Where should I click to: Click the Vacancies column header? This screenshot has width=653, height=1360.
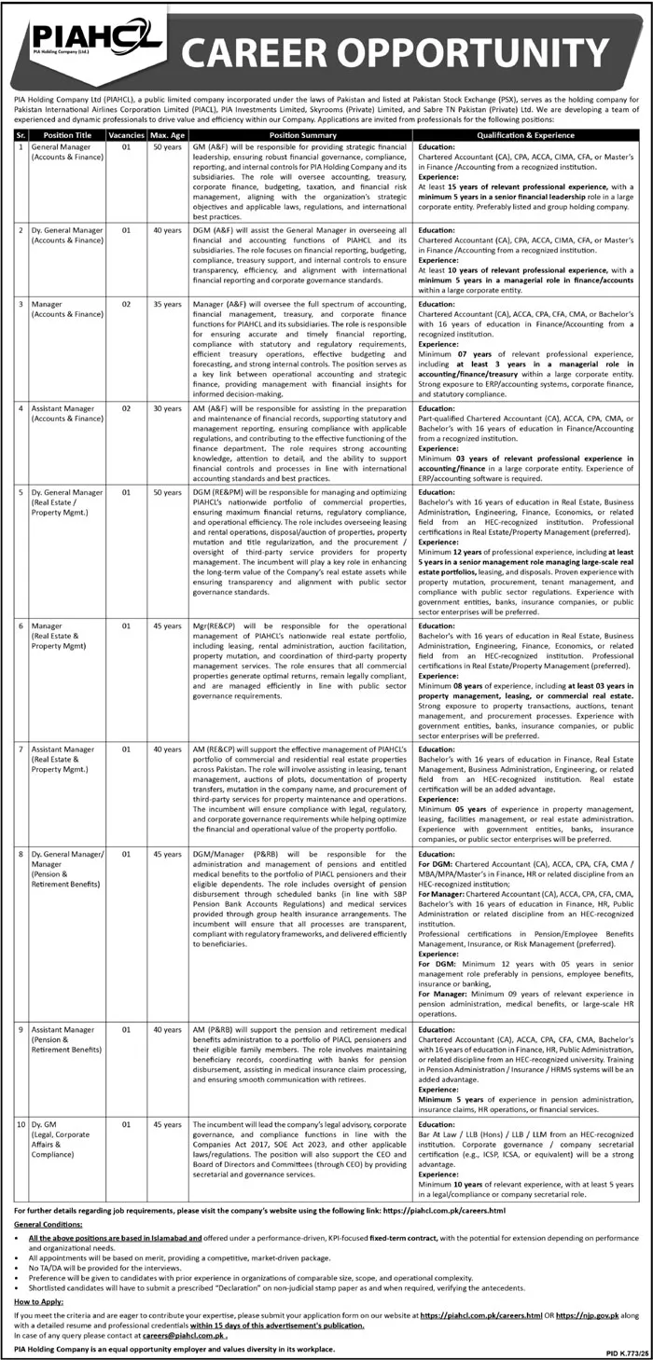tap(126, 134)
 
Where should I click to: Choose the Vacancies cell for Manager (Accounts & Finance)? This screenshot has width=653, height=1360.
tap(126, 304)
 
